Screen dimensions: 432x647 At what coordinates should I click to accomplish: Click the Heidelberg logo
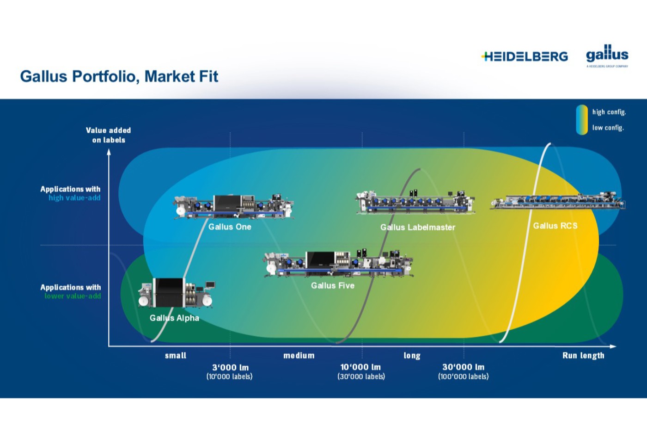click(x=525, y=56)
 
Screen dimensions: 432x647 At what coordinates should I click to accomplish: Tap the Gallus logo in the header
click(x=607, y=55)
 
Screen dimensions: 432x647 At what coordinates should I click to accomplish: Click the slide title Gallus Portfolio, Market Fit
click(x=119, y=76)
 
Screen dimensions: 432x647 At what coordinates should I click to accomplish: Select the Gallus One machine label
click(x=230, y=227)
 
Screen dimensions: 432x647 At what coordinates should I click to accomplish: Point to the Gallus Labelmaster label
click(x=417, y=227)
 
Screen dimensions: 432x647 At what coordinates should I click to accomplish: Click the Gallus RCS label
click(x=555, y=226)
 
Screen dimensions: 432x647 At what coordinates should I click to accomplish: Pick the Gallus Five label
click(x=332, y=285)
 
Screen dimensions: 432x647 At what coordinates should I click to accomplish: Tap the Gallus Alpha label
click(x=174, y=318)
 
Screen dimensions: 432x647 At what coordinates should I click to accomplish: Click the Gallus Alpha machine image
click(x=176, y=293)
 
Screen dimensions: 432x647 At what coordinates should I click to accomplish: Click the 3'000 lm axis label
click(x=230, y=367)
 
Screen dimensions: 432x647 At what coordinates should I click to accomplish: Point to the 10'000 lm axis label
click(x=360, y=367)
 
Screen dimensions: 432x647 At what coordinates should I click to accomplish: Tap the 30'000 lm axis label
click(x=463, y=367)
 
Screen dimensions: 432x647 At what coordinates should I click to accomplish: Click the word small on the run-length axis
click(x=176, y=355)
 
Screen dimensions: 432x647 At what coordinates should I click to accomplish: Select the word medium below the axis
click(x=299, y=355)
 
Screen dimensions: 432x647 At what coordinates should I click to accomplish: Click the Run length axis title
click(x=583, y=355)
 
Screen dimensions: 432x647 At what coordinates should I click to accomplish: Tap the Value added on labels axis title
click(x=109, y=135)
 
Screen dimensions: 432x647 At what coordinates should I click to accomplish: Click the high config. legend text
click(x=609, y=112)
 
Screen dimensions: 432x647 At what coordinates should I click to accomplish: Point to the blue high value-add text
click(x=74, y=198)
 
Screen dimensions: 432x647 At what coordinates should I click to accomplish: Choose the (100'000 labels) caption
click(x=463, y=376)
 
